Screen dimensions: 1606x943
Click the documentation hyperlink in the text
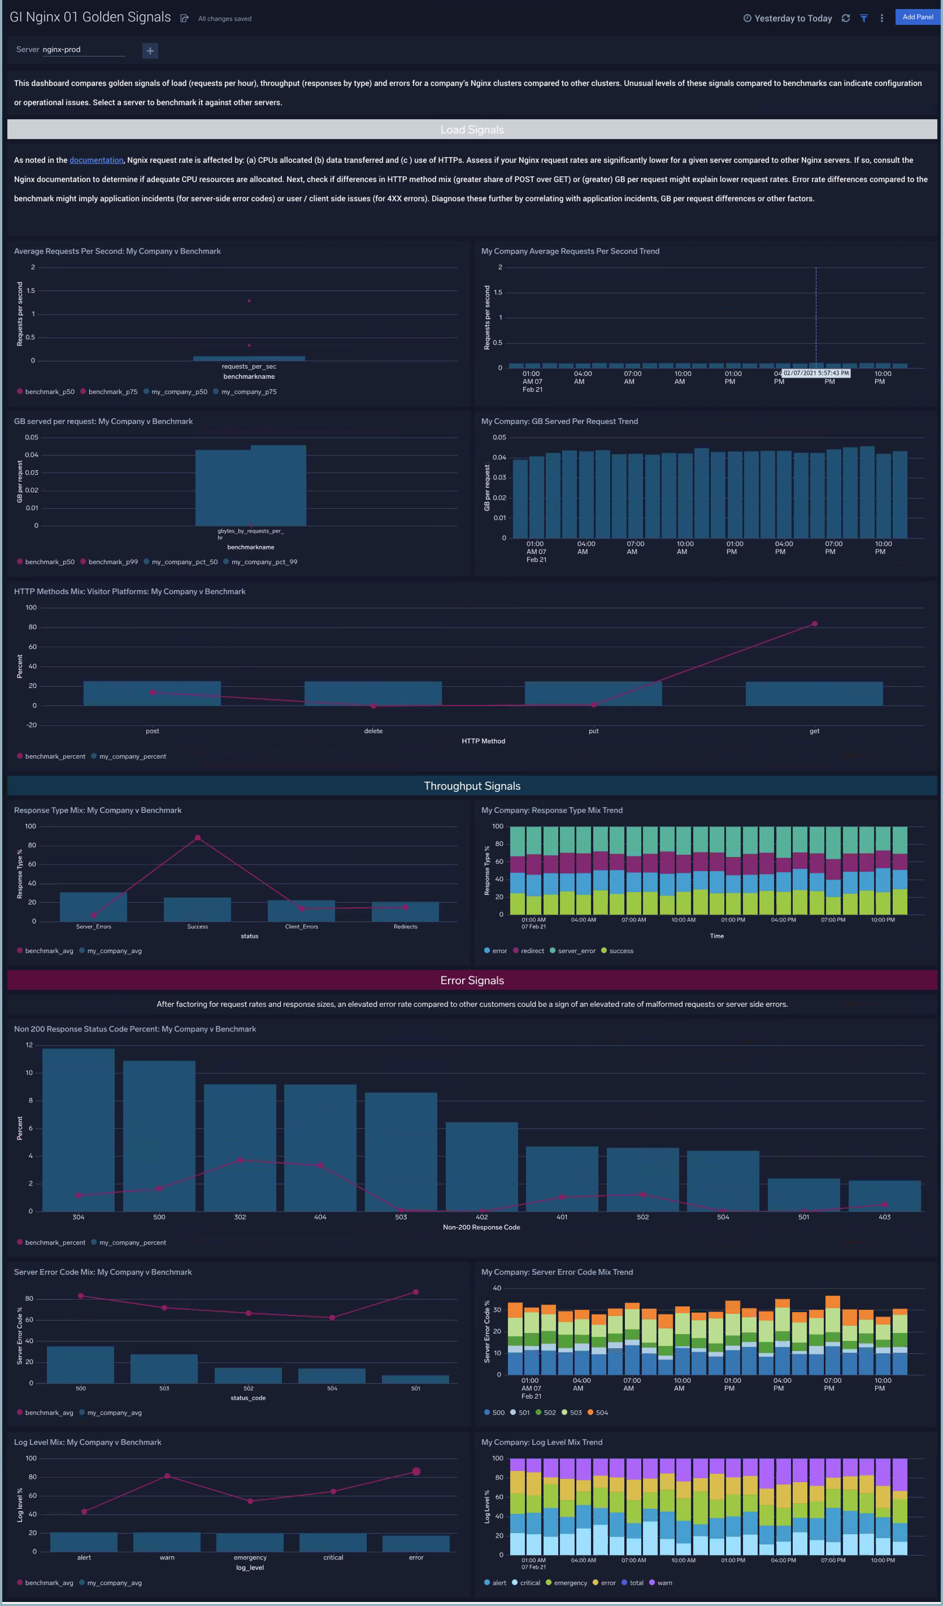click(96, 160)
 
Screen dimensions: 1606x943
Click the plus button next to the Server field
click(150, 50)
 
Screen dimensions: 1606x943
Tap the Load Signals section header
click(471, 129)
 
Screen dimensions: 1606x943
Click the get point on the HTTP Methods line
click(814, 624)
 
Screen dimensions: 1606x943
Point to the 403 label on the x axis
click(885, 1217)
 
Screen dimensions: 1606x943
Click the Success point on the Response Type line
click(197, 838)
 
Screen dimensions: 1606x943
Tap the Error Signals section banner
click(471, 980)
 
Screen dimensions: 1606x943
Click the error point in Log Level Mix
click(416, 1472)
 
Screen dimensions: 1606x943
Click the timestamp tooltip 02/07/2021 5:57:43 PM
click(816, 373)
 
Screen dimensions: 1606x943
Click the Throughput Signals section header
click(471, 786)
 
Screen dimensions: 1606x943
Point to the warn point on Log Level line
click(167, 1476)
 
